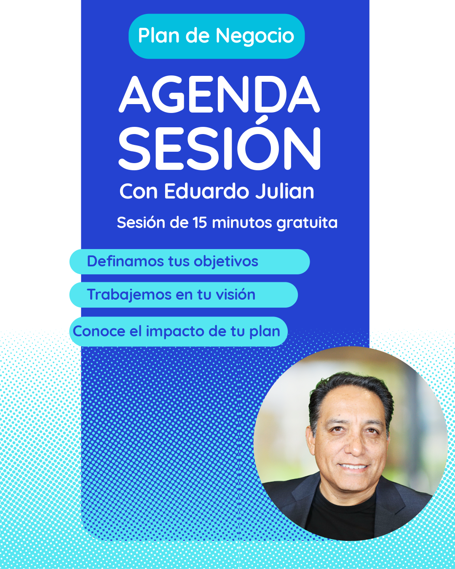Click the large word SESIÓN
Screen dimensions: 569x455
[x=219, y=148]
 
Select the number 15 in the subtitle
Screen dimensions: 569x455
[x=200, y=223]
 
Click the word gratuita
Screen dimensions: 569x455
[x=307, y=223]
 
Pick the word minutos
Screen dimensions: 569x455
[x=242, y=223]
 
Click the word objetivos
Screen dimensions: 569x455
[x=226, y=262]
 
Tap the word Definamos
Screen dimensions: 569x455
[x=125, y=261]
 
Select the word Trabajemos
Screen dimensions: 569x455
[x=129, y=295]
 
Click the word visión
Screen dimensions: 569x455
[x=236, y=294]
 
